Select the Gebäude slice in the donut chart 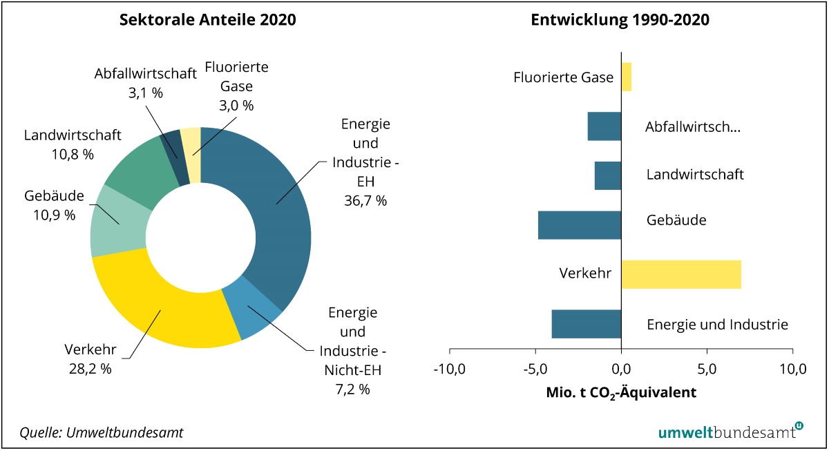(116, 221)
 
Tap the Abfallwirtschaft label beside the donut (146, 74)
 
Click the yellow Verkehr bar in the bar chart (681, 274)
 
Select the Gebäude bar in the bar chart (580, 225)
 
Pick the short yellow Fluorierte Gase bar (627, 77)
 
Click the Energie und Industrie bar (587, 324)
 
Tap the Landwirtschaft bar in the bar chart (608, 175)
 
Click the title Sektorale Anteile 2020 (207, 20)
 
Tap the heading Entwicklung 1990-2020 (620, 20)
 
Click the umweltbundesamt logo (730, 432)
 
